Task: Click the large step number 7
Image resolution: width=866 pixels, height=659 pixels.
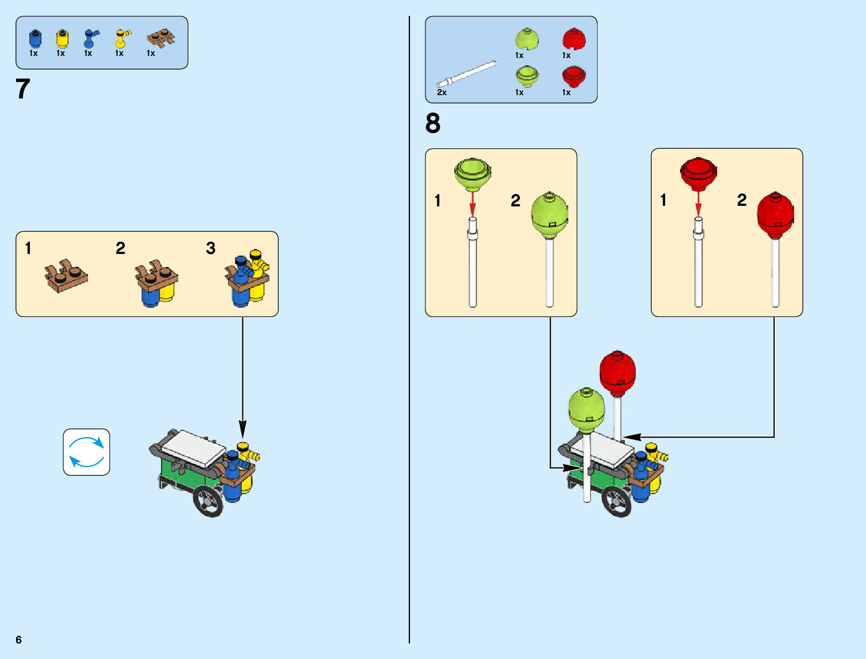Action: [x=23, y=89]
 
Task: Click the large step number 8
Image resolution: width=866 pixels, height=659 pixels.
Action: [x=433, y=123]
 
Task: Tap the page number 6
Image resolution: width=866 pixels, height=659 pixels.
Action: [x=19, y=640]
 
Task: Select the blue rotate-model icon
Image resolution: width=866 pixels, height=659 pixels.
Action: [x=86, y=452]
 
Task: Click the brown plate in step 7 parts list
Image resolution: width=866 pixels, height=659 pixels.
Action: [x=160, y=38]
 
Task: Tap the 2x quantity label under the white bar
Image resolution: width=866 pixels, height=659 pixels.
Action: [x=442, y=92]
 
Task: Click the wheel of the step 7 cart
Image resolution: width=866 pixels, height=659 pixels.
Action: [x=209, y=501]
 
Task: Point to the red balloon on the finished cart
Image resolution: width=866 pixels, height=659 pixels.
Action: [x=618, y=373]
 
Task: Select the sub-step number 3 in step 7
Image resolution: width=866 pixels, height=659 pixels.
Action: [x=211, y=248]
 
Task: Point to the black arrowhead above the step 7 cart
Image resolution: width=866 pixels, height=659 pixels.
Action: [x=242, y=428]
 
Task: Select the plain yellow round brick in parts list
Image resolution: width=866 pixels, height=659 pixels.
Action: [x=63, y=38]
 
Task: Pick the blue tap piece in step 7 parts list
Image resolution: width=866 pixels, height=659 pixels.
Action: [x=90, y=38]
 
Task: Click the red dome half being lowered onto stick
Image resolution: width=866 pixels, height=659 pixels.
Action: [x=698, y=173]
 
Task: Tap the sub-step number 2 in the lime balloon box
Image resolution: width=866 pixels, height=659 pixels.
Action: [x=516, y=200]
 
